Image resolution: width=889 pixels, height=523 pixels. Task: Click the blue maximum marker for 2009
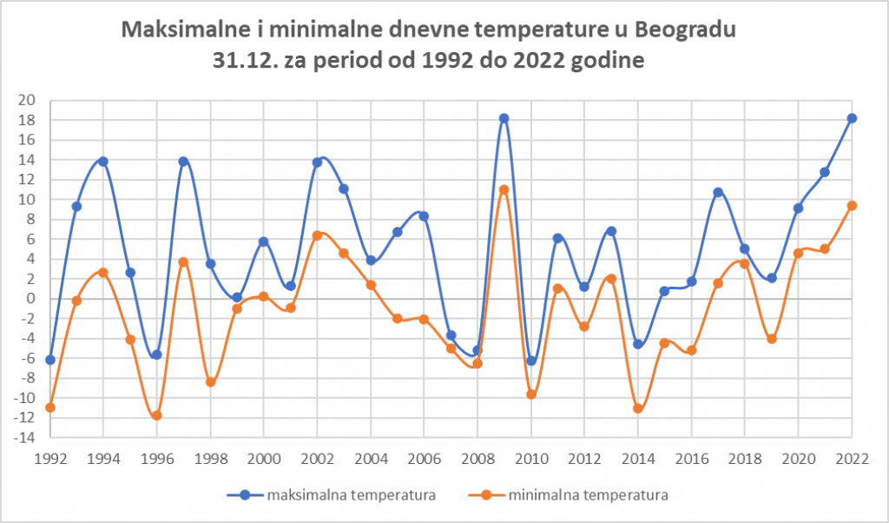pyautogui.click(x=504, y=118)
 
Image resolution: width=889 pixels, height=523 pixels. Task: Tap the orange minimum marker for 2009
pyautogui.click(x=504, y=189)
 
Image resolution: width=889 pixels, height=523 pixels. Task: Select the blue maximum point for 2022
pyautogui.click(x=852, y=118)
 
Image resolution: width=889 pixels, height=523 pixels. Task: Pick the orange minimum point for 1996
pyautogui.click(x=156, y=415)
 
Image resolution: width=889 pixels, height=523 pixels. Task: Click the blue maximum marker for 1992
pyautogui.click(x=50, y=360)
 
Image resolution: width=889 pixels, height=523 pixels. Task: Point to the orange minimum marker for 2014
pyautogui.click(x=638, y=408)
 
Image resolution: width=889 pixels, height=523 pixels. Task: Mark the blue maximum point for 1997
pyautogui.click(x=183, y=162)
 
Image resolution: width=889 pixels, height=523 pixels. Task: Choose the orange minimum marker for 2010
pyautogui.click(x=531, y=394)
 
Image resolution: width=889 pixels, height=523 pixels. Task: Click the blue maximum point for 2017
pyautogui.click(x=718, y=192)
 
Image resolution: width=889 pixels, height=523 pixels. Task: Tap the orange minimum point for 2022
pyautogui.click(x=852, y=206)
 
